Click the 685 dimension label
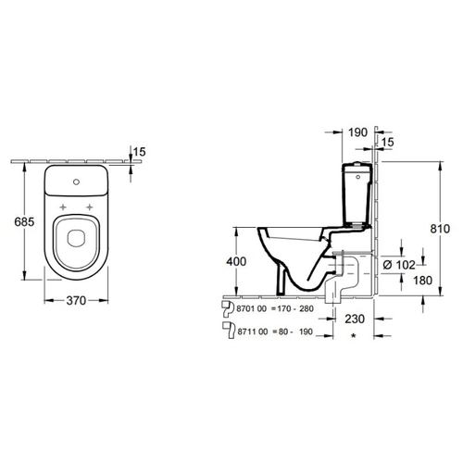tap(24, 221)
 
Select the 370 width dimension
tap(76, 300)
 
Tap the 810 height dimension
tap(440, 229)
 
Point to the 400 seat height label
tap(236, 261)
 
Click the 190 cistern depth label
tap(358, 132)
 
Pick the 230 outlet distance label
tap(355, 319)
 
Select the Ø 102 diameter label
tap(399, 265)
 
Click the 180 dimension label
tap(423, 281)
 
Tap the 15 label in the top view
tap(139, 152)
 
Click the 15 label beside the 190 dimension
tap(388, 142)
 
